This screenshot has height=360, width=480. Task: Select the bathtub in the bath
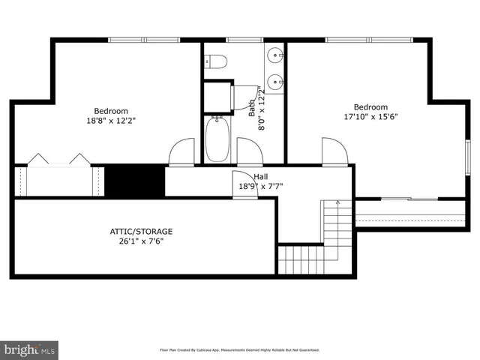point(218,140)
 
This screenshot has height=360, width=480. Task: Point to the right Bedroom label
point(370,106)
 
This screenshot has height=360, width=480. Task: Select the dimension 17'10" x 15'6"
point(370,117)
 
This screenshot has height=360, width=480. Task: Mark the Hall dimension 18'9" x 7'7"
point(260,187)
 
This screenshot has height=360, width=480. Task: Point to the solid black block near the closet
point(134,181)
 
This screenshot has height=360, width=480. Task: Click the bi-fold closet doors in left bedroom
point(58,159)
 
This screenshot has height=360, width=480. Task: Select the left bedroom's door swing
point(181,152)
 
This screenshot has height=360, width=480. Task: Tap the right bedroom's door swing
point(334,151)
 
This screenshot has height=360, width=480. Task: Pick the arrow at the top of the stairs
point(337,203)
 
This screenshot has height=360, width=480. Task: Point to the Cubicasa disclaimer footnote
point(239,349)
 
